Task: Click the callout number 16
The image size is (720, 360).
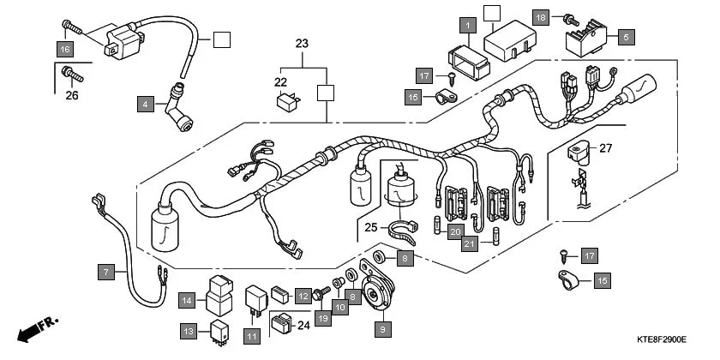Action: tap(65, 49)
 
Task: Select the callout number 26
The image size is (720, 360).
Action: tap(72, 95)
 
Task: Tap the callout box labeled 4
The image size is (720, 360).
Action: tap(146, 105)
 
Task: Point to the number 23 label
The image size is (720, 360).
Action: tap(302, 44)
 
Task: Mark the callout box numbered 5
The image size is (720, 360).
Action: tap(624, 38)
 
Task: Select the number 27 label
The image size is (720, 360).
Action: tap(606, 148)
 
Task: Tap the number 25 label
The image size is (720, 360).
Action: tap(370, 227)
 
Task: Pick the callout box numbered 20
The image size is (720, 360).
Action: tap(456, 231)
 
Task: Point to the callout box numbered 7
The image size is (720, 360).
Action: tap(105, 273)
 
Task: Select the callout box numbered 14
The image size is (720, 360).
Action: tap(188, 299)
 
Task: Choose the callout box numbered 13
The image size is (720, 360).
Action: tap(188, 329)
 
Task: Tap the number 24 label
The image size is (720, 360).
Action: tap(302, 325)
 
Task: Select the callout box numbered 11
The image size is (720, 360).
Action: tap(251, 337)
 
